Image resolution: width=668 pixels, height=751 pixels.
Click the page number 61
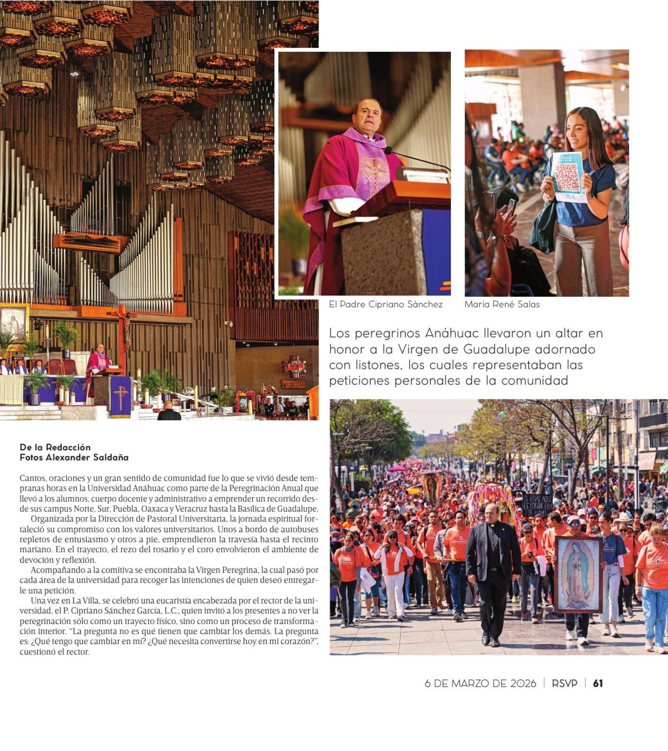[598, 683]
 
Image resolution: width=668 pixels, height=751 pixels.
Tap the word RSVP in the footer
[564, 683]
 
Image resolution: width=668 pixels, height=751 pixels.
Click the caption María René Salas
[502, 304]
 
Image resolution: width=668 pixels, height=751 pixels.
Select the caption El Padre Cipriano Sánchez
[385, 304]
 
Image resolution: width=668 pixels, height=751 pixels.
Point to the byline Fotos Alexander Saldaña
[74, 457]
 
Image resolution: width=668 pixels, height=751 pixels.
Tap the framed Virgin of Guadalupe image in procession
[578, 574]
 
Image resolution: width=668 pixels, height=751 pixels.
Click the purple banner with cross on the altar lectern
[121, 396]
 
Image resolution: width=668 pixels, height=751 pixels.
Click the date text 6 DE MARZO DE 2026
[480, 683]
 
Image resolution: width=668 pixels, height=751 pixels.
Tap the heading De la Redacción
[55, 447]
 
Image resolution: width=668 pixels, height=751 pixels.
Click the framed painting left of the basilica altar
[13, 324]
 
